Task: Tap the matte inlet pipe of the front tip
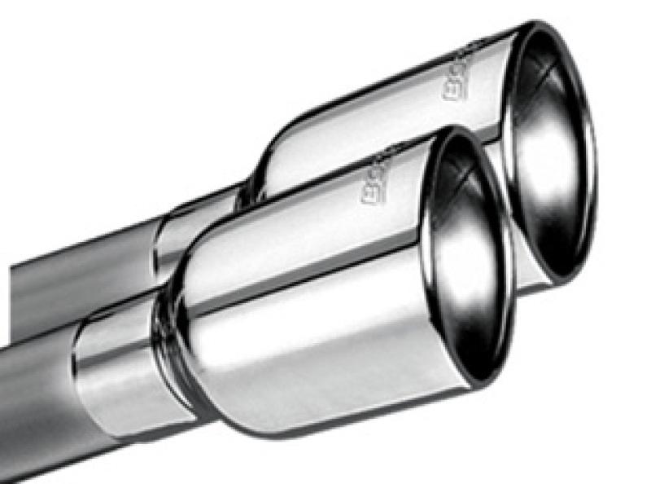coord(33,407)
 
